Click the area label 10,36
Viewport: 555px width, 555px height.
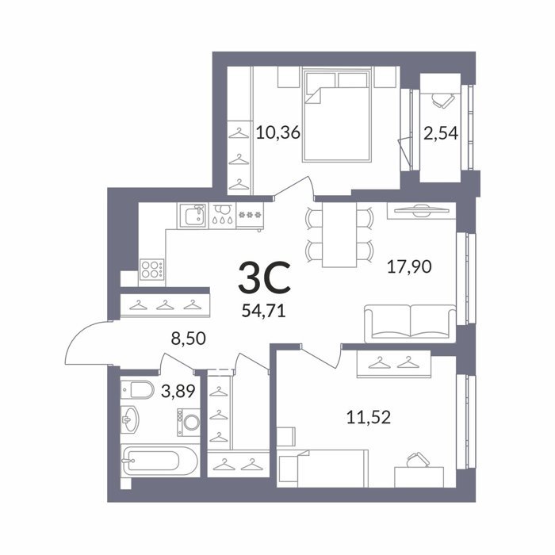click(277, 133)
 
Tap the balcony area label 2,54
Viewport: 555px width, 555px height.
click(441, 134)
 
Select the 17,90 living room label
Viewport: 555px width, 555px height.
click(409, 266)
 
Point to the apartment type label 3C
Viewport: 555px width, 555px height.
click(264, 277)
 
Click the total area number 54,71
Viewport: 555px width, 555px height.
click(264, 311)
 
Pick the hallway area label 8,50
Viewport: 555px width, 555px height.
click(189, 339)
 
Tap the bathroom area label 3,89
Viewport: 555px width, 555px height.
click(178, 391)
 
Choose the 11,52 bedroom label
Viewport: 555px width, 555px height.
click(369, 417)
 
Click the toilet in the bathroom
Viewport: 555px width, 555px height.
click(137, 390)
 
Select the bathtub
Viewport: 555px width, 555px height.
click(160, 460)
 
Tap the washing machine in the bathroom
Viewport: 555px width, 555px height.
click(189, 422)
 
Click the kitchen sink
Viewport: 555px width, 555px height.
click(193, 216)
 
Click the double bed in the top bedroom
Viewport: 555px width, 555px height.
click(337, 115)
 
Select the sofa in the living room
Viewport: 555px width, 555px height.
click(410, 323)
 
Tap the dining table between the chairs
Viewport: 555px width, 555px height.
click(339, 235)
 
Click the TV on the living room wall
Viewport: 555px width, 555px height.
click(422, 210)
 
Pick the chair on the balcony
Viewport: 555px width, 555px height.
click(442, 99)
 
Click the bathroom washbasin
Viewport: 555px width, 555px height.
click(129, 419)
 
